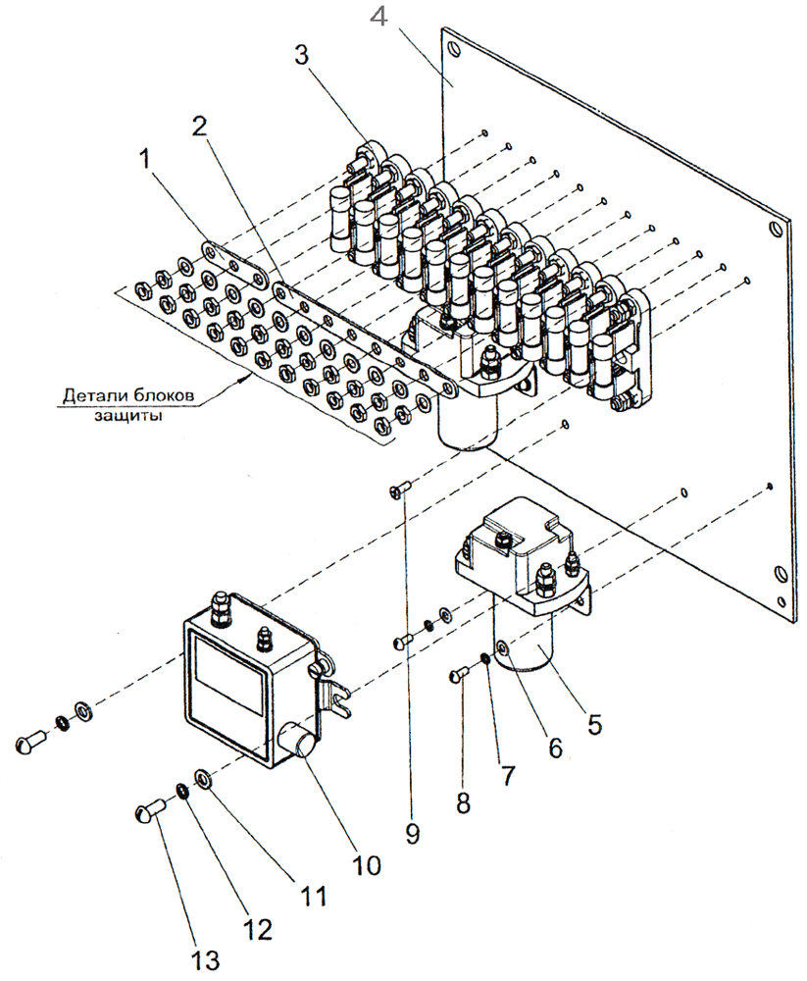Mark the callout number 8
[463, 801]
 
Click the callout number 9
[413, 834]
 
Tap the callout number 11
[315, 896]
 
